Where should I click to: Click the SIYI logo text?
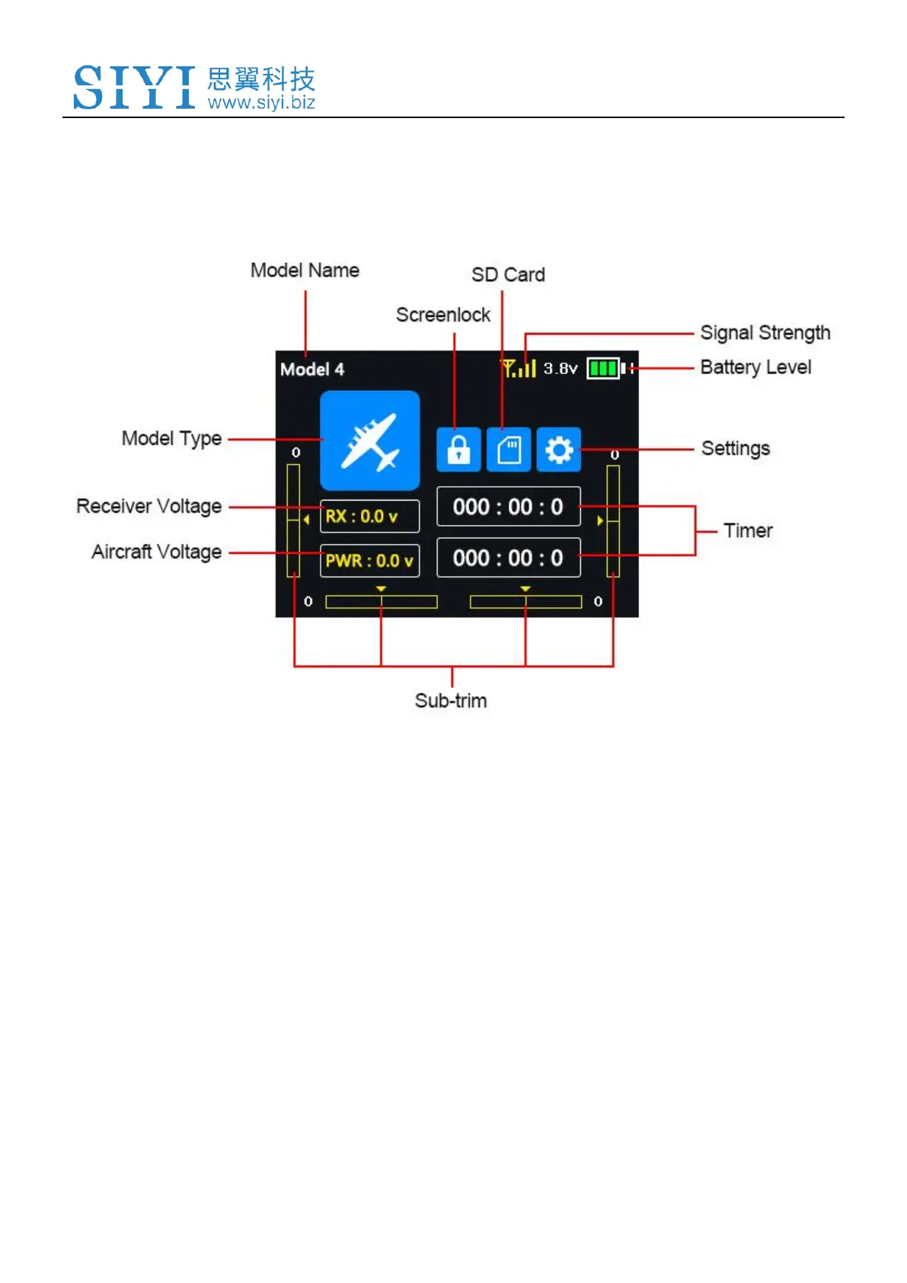pyautogui.click(x=134, y=87)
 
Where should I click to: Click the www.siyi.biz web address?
pyautogui.click(x=261, y=103)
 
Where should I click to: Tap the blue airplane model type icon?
pyautogui.click(x=369, y=440)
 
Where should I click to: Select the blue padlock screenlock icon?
pyautogui.click(x=458, y=450)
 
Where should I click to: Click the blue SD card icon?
pyautogui.click(x=509, y=450)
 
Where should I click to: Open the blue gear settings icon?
pyautogui.click(x=559, y=450)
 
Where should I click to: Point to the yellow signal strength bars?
pyautogui.click(x=519, y=369)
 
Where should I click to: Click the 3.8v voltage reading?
pyautogui.click(x=560, y=369)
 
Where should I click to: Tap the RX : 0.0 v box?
pyautogui.click(x=369, y=516)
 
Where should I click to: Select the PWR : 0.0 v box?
pyautogui.click(x=369, y=561)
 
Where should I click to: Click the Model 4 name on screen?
pyautogui.click(x=312, y=370)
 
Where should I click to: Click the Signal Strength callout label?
pyautogui.click(x=765, y=333)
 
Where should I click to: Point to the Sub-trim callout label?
pyautogui.click(x=451, y=700)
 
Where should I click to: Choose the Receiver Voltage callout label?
pyautogui.click(x=149, y=507)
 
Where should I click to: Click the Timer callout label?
pyautogui.click(x=748, y=530)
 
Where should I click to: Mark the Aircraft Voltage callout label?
pyautogui.click(x=157, y=552)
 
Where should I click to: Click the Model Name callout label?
pyautogui.click(x=305, y=270)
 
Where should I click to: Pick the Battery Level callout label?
pyautogui.click(x=755, y=367)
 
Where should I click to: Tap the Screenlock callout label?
pyautogui.click(x=443, y=315)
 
